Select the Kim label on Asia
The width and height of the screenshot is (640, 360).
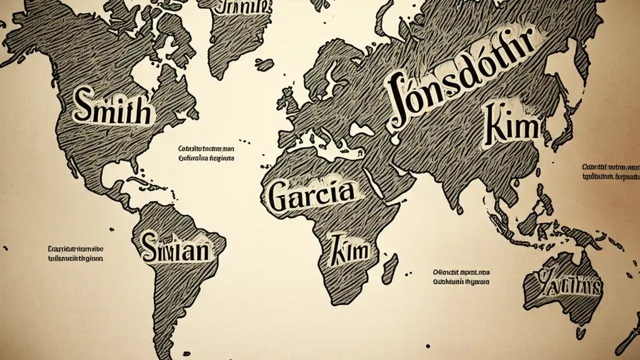tap(511, 128)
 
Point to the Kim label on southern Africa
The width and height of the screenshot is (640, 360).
tap(350, 249)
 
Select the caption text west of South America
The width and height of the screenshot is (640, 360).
tap(75, 253)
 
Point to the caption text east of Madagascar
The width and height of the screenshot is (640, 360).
tap(461, 277)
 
